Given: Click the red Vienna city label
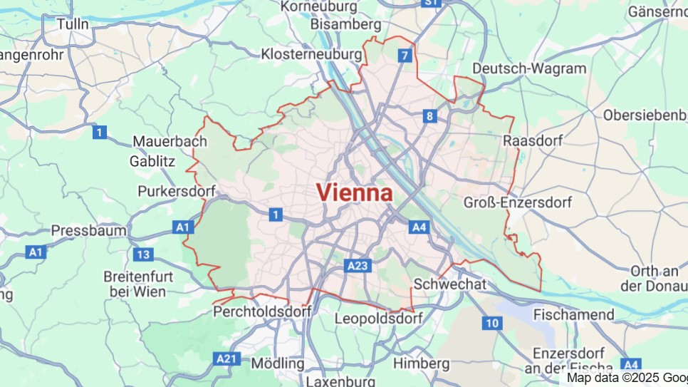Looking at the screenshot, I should tap(354, 192).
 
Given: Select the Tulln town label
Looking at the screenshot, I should tap(73, 24).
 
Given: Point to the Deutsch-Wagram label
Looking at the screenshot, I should tap(529, 68).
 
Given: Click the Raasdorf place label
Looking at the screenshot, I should tap(532, 140).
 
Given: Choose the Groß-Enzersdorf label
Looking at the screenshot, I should tap(517, 202).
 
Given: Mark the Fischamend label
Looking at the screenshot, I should tap(573, 314).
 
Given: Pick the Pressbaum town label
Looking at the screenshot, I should tap(88, 231).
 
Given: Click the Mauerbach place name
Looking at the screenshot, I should tap(170, 141).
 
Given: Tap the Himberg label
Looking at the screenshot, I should tap(421, 363).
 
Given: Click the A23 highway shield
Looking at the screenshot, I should tap(358, 266).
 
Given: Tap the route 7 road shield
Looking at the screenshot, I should tap(405, 56).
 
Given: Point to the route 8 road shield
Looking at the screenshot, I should tap(429, 116).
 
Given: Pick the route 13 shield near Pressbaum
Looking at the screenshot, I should tap(143, 254).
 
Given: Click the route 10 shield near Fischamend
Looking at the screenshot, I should tap(491, 323).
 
